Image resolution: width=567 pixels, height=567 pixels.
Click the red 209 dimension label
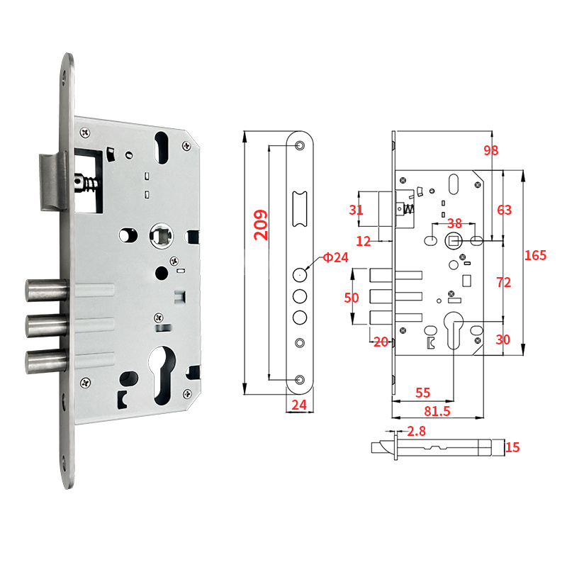[x=261, y=225]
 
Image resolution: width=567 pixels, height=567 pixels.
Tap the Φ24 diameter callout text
[x=335, y=257]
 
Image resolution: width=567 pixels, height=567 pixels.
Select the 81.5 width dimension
[x=437, y=411]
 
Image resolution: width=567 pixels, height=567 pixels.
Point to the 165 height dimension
[x=536, y=255]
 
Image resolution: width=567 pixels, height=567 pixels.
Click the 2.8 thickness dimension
[x=417, y=431]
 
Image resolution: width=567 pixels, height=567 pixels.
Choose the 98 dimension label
[x=491, y=150]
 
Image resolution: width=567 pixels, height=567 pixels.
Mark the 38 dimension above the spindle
[x=454, y=223]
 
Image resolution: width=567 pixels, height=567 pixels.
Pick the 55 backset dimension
[x=422, y=393]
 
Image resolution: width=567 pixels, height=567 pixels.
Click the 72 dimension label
[x=504, y=282]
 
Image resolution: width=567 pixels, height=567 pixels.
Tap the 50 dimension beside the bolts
[x=352, y=298]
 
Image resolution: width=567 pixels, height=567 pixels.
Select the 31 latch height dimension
[x=356, y=210]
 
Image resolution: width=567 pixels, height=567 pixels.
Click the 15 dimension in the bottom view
[x=512, y=447]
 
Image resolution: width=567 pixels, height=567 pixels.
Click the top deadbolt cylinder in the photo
[x=46, y=291]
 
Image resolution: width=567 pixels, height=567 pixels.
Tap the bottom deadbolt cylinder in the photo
[x=46, y=361]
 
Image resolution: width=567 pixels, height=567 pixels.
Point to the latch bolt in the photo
[x=52, y=182]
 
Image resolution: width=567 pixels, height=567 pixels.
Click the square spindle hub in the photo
[x=162, y=236]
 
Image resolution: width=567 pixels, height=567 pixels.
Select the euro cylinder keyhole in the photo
[x=162, y=376]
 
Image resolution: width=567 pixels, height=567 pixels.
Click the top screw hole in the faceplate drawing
[x=300, y=145]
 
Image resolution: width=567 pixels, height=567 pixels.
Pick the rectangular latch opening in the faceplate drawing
[x=300, y=209]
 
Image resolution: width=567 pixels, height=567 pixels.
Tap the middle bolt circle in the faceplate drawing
[x=300, y=296]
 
